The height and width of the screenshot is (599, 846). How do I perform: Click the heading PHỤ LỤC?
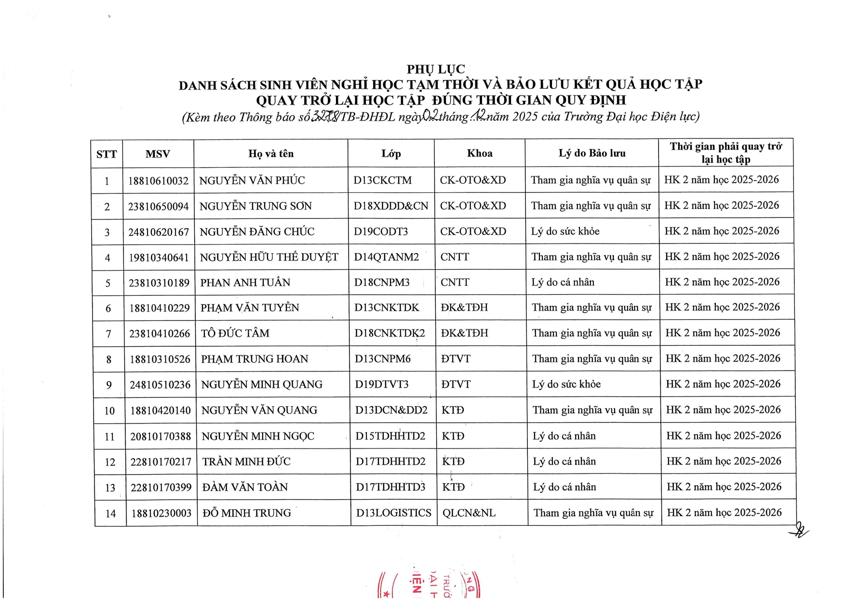[435, 69]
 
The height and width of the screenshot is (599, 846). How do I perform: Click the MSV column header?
[158, 154]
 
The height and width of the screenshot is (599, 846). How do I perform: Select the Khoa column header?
[480, 153]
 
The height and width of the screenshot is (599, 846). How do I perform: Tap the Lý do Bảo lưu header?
[592, 153]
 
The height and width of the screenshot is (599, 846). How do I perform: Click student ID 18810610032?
[158, 181]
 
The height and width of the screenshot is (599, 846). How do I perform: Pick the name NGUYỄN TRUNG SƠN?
[255, 206]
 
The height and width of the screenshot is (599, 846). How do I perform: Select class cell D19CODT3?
[381, 231]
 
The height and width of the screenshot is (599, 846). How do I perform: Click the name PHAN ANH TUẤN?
[245, 283]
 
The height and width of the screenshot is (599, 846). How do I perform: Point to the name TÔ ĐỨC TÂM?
[235, 333]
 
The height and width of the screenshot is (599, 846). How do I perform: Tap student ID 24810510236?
[160, 385]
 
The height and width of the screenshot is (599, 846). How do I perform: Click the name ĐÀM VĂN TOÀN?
[245, 488]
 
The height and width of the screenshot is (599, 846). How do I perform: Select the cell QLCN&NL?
[469, 513]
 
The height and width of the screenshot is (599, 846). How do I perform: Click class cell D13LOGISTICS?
[393, 513]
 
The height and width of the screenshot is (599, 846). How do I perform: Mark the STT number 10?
[109, 411]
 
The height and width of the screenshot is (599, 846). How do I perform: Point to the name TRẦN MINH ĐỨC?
[246, 462]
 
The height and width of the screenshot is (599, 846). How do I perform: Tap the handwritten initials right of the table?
[800, 531]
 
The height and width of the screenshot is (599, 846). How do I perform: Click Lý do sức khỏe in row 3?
[565, 231]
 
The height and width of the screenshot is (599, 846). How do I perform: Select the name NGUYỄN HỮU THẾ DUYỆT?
[269, 258]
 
